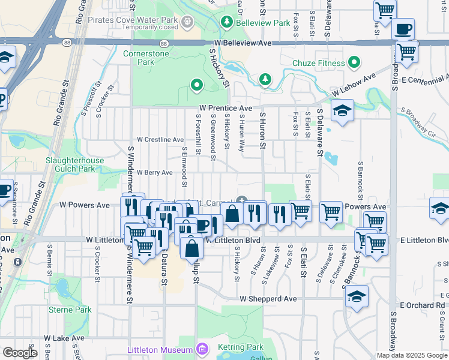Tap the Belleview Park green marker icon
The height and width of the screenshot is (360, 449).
[227, 23]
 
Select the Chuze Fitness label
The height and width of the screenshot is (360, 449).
[318, 63]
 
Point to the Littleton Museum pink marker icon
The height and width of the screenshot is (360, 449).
[202, 349]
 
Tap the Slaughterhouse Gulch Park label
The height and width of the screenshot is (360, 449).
[75, 165]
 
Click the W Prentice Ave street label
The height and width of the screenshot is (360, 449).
[226, 108]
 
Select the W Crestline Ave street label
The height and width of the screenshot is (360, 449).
[160, 139]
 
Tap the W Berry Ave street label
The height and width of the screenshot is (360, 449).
[154, 172]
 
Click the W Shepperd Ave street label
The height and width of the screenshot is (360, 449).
[268, 298]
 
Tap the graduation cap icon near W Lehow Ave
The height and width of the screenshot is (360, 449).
[342, 111]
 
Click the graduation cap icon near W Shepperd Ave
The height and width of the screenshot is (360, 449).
[357, 296]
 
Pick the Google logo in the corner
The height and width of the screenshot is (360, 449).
[20, 353]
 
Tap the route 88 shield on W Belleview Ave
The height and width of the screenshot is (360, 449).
[163, 43]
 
